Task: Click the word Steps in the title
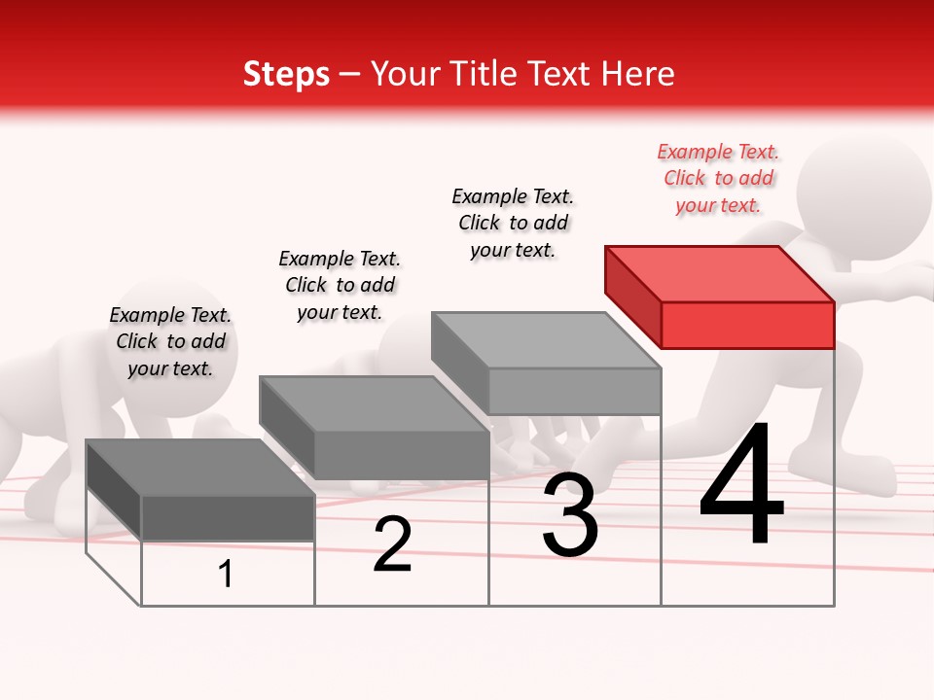pyautogui.click(x=286, y=74)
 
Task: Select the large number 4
pyautogui.click(x=741, y=486)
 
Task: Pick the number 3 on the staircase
pyautogui.click(x=569, y=515)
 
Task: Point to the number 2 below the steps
pyautogui.click(x=392, y=544)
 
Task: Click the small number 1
pyautogui.click(x=226, y=575)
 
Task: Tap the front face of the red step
pyautogui.click(x=747, y=325)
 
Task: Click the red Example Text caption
pyautogui.click(x=718, y=178)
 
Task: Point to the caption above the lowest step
pyautogui.click(x=170, y=341)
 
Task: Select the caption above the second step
pyautogui.click(x=340, y=285)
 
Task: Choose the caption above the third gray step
pyautogui.click(x=513, y=223)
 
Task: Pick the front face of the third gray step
pyautogui.click(x=574, y=392)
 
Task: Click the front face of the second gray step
pyautogui.click(x=401, y=455)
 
